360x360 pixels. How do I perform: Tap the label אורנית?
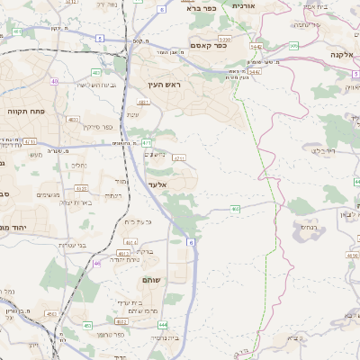pyautogui.click(x=244, y=5)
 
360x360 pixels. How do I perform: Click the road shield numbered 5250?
pyautogui.click(x=224, y=40)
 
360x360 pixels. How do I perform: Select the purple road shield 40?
pyautogui.click(x=55, y=81)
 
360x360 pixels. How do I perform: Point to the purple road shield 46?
pyautogui.click(x=97, y=264)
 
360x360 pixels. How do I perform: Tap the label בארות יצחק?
pyautogui.click(x=69, y=204)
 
